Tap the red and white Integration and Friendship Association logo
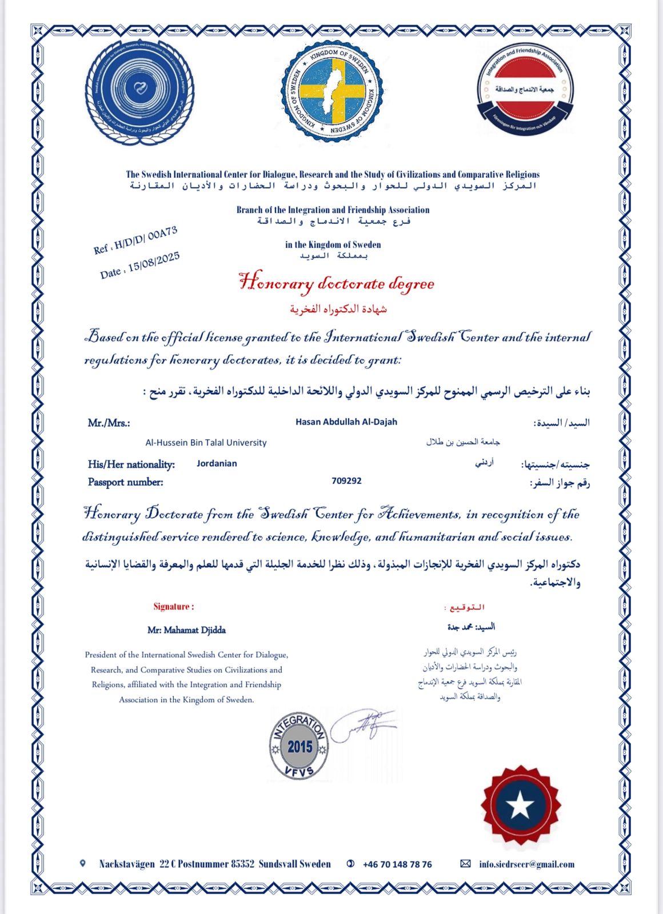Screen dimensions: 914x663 pyautogui.click(x=525, y=90)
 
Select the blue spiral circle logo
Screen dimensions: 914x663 pyautogui.click(x=139, y=91)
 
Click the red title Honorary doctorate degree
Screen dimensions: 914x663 pyautogui.click(x=336, y=283)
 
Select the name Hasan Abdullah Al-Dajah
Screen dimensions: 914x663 pyautogui.click(x=346, y=422)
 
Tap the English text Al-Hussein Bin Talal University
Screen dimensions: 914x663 pyautogui.click(x=206, y=443)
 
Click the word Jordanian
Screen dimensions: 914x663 pyautogui.click(x=217, y=463)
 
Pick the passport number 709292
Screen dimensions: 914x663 pyautogui.click(x=346, y=481)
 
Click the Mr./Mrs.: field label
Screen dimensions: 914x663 pyautogui.click(x=109, y=423)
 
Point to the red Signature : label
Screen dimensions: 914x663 pyautogui.click(x=174, y=607)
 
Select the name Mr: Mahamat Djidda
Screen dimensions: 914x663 pyautogui.click(x=186, y=630)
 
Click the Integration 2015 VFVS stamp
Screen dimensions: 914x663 pyautogui.click(x=299, y=745)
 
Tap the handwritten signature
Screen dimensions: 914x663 pyautogui.click(x=363, y=725)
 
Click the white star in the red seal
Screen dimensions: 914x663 pyautogui.click(x=520, y=805)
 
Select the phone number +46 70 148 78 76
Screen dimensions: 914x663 pyautogui.click(x=397, y=864)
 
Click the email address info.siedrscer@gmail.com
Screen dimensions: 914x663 pyautogui.click(x=526, y=864)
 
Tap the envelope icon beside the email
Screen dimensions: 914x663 pyautogui.click(x=465, y=864)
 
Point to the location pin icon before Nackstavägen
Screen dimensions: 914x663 pyautogui.click(x=83, y=864)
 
